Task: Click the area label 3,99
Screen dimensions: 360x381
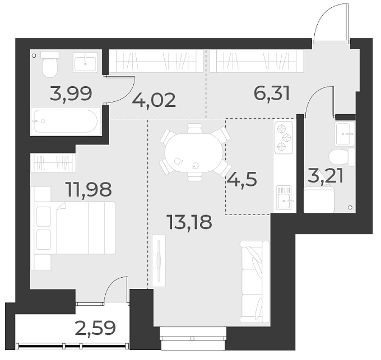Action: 71,92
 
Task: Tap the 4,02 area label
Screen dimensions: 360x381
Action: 154,100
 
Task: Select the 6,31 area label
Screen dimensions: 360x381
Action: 272,92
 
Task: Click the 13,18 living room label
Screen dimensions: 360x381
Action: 189,222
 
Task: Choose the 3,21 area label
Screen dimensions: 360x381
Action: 326,176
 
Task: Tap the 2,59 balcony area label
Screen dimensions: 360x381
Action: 95,328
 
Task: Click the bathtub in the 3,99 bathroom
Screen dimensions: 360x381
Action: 66,121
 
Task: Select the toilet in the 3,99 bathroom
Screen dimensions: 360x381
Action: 50,66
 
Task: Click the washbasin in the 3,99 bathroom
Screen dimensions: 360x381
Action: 87,62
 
